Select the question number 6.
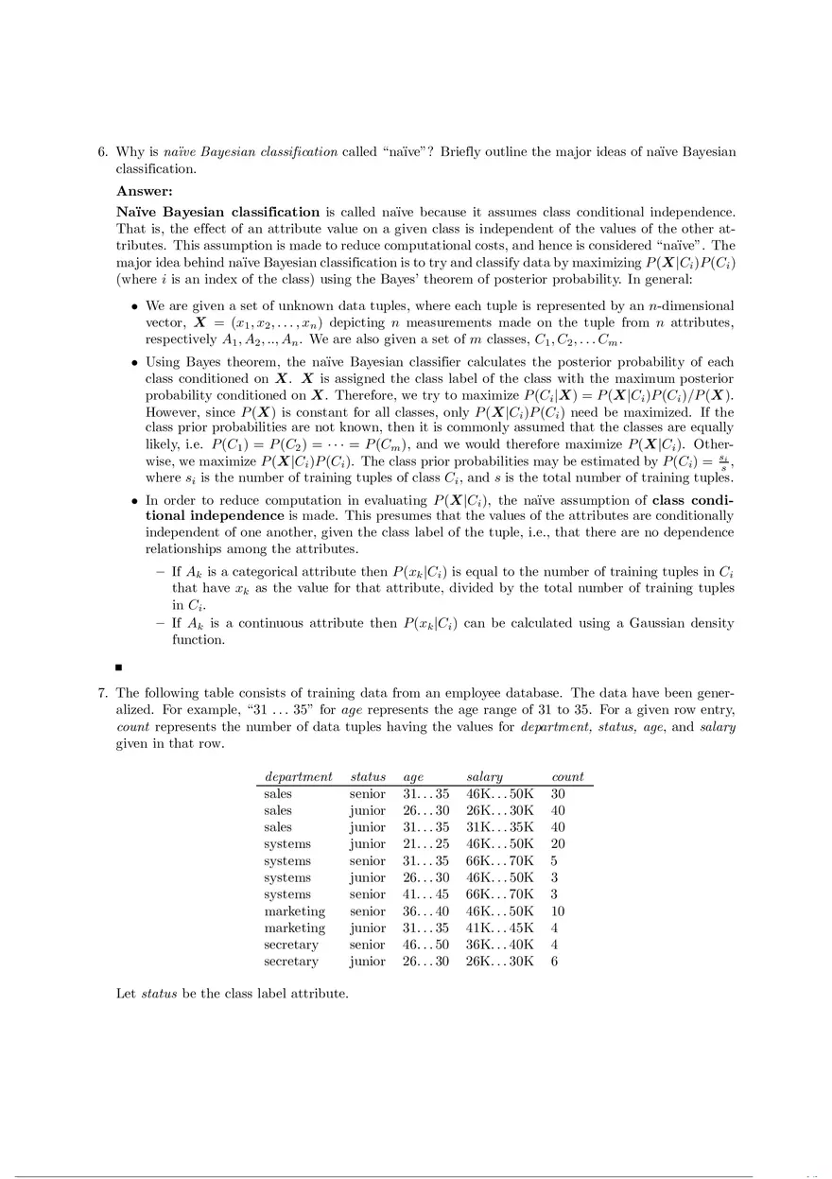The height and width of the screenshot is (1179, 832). point(103,151)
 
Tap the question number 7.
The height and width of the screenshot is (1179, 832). point(103,692)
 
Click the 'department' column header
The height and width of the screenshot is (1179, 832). point(299,776)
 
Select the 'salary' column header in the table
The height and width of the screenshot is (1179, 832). point(484,776)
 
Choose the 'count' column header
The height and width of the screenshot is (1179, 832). point(567,776)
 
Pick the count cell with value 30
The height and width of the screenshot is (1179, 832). point(557,794)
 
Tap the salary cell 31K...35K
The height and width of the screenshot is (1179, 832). point(500,827)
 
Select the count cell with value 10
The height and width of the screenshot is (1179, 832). point(557,911)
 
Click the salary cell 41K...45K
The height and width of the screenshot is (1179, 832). point(500,928)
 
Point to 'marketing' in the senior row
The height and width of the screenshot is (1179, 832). point(294,911)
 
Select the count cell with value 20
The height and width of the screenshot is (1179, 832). point(557,844)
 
